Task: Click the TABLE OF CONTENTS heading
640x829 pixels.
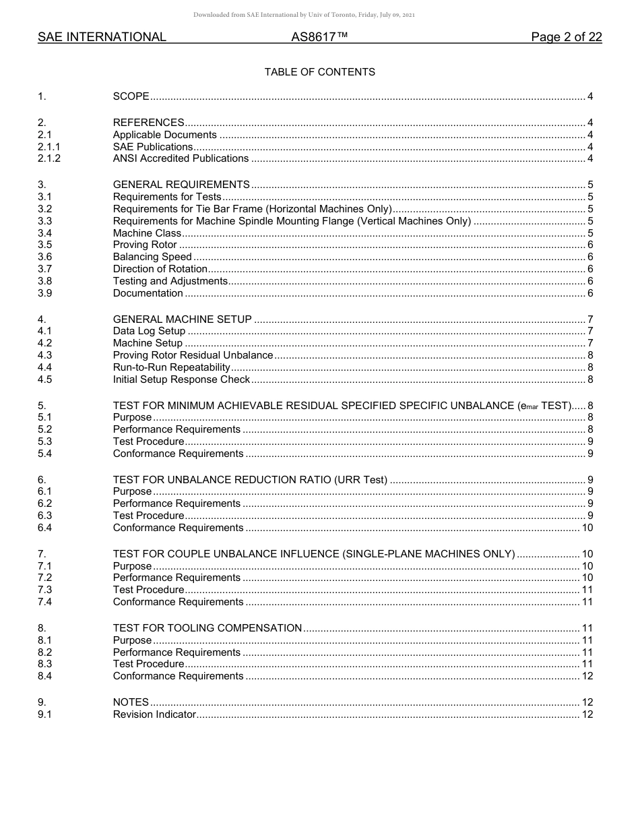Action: coord(319,72)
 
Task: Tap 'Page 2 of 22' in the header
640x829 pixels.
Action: coord(566,38)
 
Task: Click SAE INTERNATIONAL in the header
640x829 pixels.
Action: coord(102,38)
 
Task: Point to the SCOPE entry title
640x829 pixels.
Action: coord(131,96)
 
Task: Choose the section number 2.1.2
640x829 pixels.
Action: coord(49,159)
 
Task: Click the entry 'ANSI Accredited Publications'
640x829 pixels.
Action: coord(181,159)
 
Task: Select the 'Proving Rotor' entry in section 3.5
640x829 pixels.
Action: coord(145,245)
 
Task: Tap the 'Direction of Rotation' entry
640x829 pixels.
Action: coord(160,270)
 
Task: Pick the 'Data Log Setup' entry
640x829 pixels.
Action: coord(149,332)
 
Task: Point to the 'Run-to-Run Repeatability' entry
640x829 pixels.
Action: coord(172,368)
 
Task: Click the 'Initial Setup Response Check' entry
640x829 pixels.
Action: coord(181,380)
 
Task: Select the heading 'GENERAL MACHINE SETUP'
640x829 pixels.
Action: coord(183,319)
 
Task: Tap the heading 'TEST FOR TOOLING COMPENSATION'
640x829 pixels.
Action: coord(207,628)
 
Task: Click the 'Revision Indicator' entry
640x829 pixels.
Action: coord(154,714)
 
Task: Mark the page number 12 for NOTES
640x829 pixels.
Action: coord(587,702)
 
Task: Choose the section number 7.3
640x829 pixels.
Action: coord(45,590)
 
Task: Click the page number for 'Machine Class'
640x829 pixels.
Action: coord(590,233)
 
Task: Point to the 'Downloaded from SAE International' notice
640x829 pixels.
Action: coord(304,15)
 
